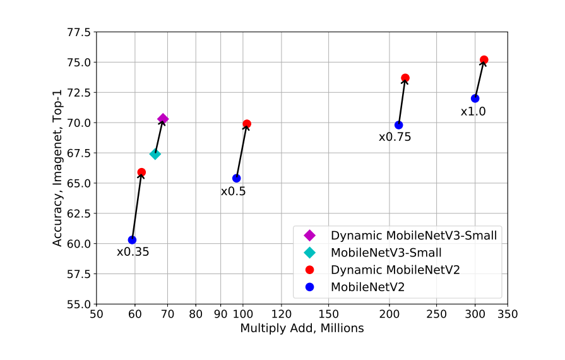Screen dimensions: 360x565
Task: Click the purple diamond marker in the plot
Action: [163, 119]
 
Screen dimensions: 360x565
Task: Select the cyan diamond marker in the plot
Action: [155, 154]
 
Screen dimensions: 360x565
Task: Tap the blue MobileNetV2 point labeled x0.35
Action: [132, 240]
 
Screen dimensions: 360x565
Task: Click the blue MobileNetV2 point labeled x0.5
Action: [236, 178]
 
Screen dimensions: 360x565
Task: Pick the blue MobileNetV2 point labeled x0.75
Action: [398, 125]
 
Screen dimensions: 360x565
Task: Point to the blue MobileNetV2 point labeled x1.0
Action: [475, 98]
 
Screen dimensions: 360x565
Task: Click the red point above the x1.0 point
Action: [484, 60]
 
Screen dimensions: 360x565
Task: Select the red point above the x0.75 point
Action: [405, 78]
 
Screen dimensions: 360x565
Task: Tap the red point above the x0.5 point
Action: [247, 124]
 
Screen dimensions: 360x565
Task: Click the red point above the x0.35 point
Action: [141, 172]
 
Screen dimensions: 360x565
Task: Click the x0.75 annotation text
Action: [395, 136]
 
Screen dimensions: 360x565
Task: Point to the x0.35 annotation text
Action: [133, 252]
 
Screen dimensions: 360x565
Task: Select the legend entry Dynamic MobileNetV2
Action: [395, 270]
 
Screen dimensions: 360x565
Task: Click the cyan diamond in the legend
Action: [309, 253]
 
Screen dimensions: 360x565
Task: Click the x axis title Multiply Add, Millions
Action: [302, 328]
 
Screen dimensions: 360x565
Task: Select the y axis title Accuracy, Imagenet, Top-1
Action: [57, 168]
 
